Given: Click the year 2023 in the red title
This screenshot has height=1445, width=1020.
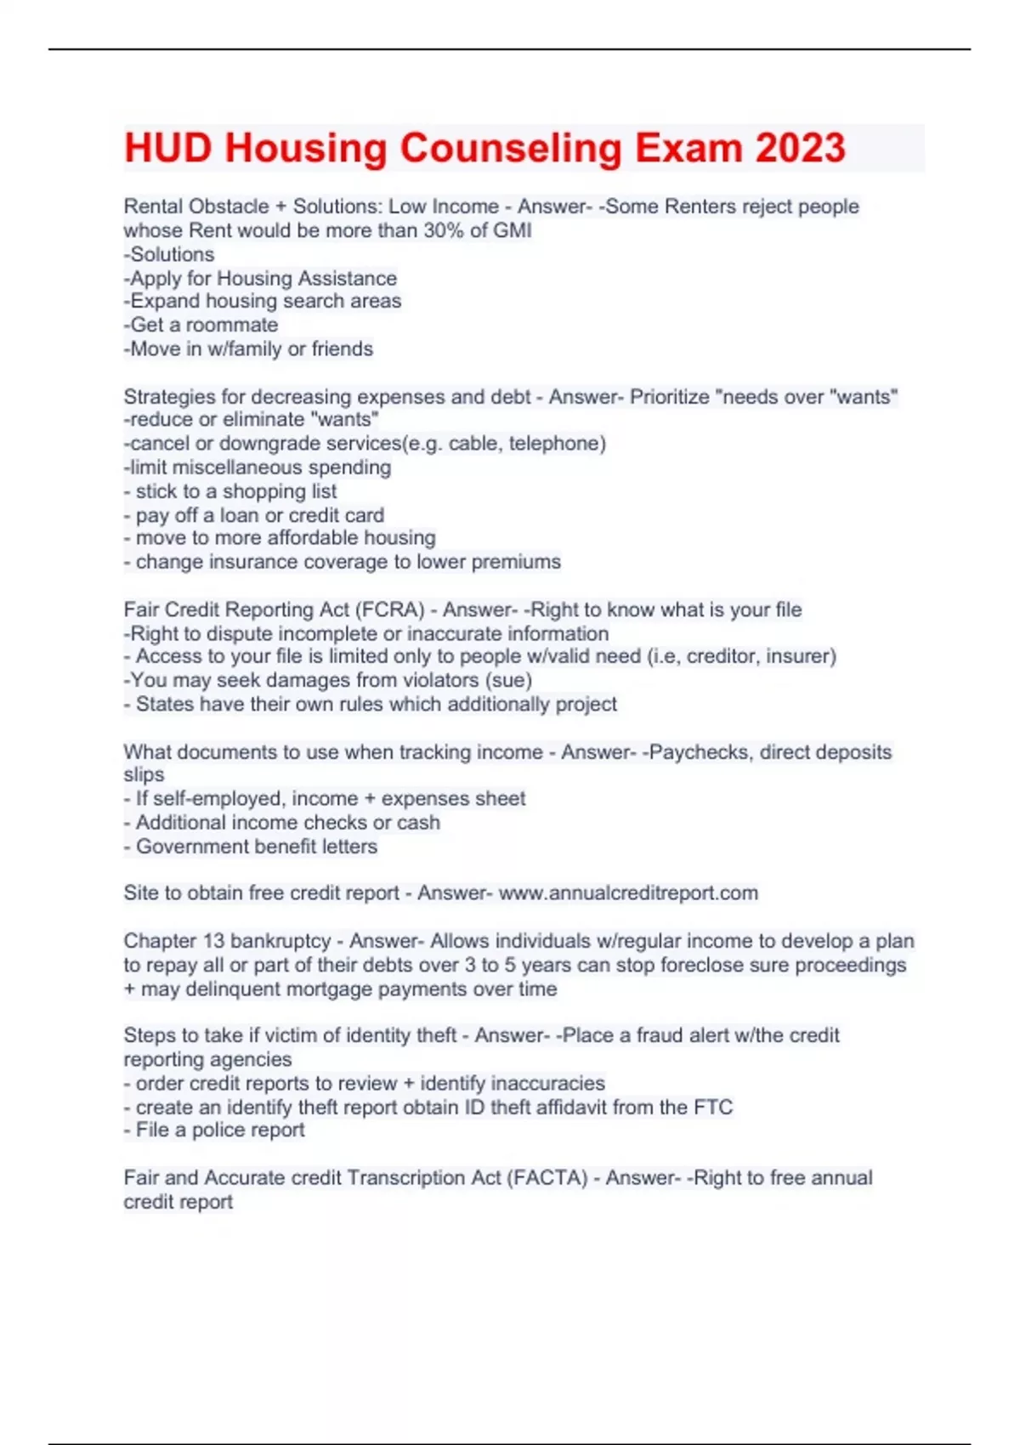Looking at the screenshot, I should tap(800, 148).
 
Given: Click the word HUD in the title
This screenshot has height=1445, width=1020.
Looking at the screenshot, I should tap(167, 148).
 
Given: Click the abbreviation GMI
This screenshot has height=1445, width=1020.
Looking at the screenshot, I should tap(513, 230).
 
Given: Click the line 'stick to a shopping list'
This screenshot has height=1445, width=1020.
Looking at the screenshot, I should tap(235, 491).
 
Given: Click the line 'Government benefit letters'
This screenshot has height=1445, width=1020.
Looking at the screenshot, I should tap(256, 847).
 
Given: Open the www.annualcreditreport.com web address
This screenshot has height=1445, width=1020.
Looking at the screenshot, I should tap(628, 893).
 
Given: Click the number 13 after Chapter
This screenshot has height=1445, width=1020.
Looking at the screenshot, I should tap(212, 941).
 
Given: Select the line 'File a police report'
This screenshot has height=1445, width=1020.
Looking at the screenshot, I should tap(219, 1130).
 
